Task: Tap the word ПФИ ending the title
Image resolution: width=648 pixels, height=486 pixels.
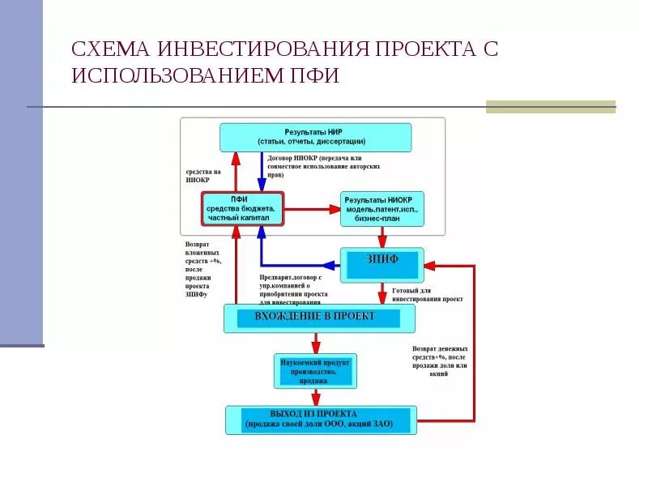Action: pyautogui.click(x=311, y=76)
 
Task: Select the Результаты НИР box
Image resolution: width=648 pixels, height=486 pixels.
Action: pyautogui.click(x=316, y=137)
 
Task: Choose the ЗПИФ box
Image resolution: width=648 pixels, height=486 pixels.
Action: pyautogui.click(x=381, y=265)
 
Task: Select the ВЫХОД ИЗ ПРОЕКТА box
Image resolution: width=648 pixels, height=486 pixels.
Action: pyautogui.click(x=321, y=420)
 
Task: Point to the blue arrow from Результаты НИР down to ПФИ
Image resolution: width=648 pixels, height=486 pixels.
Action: pyautogui.click(x=262, y=171)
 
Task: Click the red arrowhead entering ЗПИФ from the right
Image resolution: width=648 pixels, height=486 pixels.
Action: pyautogui.click(x=429, y=265)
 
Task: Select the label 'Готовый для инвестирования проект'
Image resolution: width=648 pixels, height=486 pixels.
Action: pyautogui.click(x=427, y=295)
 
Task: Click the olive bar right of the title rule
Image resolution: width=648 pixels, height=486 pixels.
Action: pyautogui.click(x=550, y=107)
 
